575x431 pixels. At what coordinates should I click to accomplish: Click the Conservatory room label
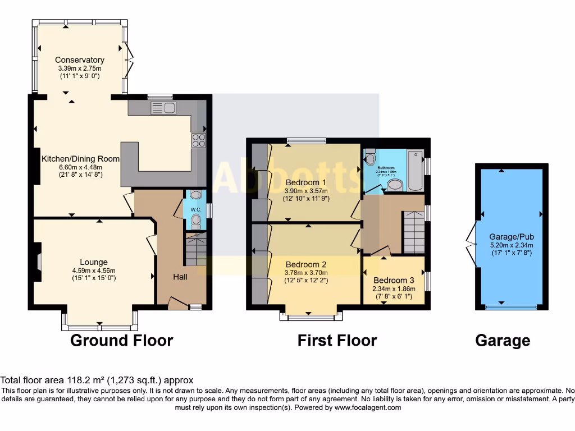pos(79,60)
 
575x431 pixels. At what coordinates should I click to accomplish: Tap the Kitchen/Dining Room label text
pos(80,159)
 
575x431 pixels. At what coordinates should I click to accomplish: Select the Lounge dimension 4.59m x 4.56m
pos(93,270)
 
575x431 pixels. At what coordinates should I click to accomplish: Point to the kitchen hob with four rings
pos(199,140)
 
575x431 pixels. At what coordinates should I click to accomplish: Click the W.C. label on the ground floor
pos(195,210)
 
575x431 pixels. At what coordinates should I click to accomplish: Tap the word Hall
pos(180,277)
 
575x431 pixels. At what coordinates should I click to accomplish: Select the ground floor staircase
pos(195,250)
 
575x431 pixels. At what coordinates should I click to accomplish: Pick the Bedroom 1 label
pos(305,182)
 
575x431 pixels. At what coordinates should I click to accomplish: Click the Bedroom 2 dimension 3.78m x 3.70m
pos(305,273)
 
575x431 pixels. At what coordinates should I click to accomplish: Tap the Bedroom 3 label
pos(394,281)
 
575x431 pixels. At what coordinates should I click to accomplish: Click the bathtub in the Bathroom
pos(416,171)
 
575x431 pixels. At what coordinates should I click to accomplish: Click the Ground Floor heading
pos(121,340)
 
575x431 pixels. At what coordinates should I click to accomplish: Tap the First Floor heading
pos(337,340)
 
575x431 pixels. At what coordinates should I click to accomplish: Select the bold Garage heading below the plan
pos(502,340)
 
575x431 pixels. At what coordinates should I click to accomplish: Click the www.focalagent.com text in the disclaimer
pos(367,407)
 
